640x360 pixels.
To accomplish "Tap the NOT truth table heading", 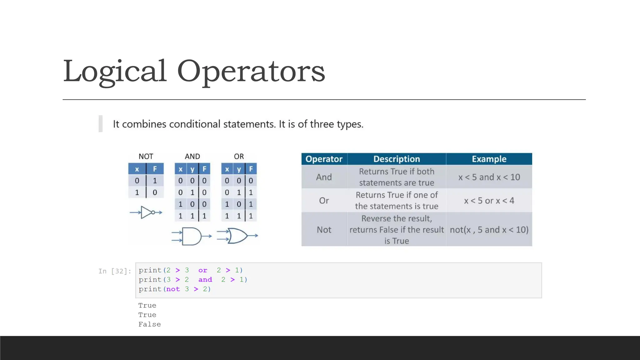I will [146, 156].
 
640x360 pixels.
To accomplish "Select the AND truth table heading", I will [192, 156].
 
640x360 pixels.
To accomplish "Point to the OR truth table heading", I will [239, 156].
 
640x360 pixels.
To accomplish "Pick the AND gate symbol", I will [191, 236].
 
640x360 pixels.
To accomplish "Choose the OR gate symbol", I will [237, 236].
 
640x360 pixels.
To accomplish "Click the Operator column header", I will [324, 159].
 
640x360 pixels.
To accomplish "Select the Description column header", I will [397, 159].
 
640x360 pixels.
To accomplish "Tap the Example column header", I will [489, 159].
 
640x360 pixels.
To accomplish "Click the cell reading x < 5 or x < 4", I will [489, 201].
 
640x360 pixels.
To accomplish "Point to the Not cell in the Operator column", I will [324, 230].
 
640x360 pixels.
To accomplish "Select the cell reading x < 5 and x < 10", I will [489, 177].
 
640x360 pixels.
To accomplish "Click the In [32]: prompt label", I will [115, 271].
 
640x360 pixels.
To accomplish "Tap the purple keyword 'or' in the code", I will [202, 270].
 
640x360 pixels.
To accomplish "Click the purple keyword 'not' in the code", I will [173, 289].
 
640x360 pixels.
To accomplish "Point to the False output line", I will [150, 324].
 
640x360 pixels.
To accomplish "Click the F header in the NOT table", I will [155, 169].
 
